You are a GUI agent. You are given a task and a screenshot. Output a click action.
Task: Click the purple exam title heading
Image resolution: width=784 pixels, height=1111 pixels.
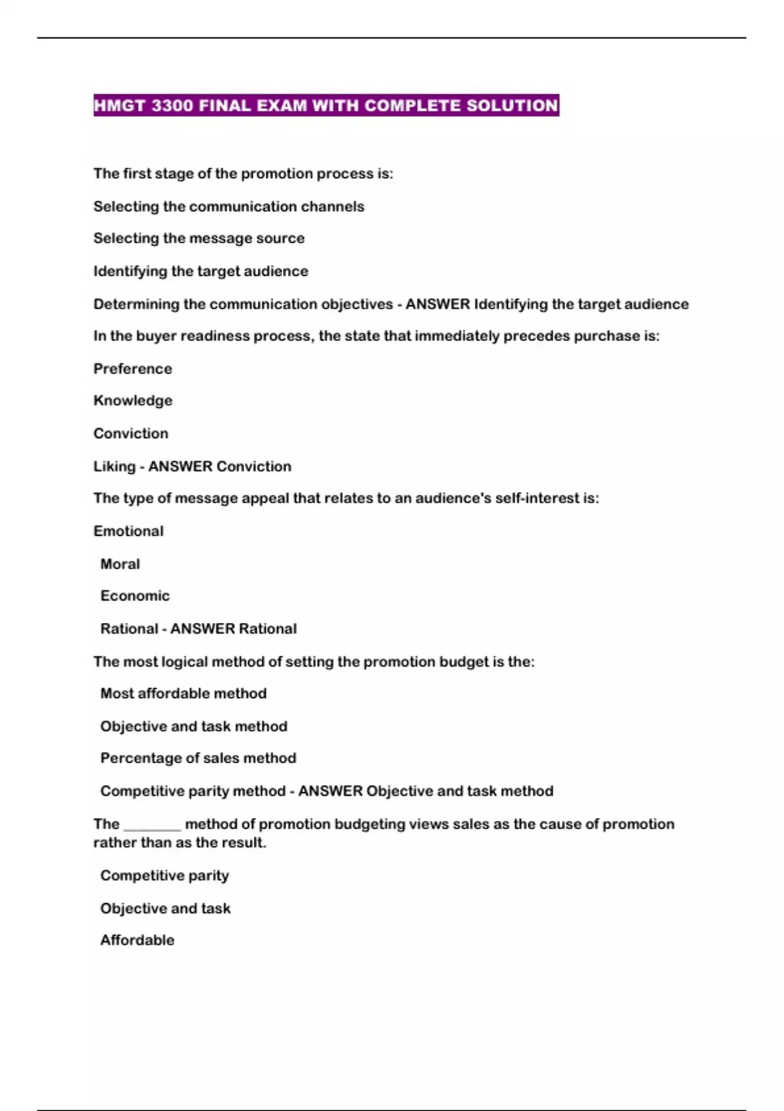coord(326,106)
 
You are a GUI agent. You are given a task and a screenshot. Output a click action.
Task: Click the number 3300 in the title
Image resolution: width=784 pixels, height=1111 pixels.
coord(171,106)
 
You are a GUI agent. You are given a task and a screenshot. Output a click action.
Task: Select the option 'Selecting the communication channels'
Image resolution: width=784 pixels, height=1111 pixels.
coord(229,207)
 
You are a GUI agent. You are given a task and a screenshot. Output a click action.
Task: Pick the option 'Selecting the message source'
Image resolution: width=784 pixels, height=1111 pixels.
coord(199,239)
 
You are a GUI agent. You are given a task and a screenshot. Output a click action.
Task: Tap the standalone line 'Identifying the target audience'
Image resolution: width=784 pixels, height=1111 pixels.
coord(201,271)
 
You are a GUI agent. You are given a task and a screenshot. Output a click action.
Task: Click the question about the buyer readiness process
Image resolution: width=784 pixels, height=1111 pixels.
coord(376,336)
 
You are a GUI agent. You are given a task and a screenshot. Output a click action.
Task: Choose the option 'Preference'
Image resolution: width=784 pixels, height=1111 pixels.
coord(133,369)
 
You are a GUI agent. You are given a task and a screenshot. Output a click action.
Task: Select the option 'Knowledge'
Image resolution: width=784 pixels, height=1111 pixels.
coord(133,401)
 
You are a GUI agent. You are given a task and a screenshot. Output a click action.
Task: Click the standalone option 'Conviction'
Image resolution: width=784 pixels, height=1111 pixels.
coord(131,433)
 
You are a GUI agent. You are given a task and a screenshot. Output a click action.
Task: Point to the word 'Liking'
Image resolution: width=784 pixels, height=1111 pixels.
coord(114,467)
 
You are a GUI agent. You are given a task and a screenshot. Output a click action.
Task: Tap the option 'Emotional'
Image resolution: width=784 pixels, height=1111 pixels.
coord(128,531)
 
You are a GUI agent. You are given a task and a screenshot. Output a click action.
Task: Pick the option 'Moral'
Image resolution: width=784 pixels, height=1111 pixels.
coord(120,564)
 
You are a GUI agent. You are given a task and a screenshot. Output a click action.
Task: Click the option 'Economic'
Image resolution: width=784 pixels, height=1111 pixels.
coord(135,596)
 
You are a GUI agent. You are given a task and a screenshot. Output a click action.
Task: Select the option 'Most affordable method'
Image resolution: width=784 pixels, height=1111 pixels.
coord(183,693)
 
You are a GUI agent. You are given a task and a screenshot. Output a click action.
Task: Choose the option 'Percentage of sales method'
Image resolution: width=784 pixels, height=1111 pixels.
coord(198,758)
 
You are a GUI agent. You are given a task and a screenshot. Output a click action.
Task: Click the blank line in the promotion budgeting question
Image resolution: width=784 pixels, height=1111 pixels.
coord(152,827)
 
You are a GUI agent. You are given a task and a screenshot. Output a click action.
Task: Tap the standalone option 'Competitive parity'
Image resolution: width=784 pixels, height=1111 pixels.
coord(164,876)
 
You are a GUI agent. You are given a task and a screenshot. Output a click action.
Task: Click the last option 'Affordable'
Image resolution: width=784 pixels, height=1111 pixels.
coord(137,940)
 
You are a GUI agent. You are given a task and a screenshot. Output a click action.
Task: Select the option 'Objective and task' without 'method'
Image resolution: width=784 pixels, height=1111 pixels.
coord(165,908)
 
